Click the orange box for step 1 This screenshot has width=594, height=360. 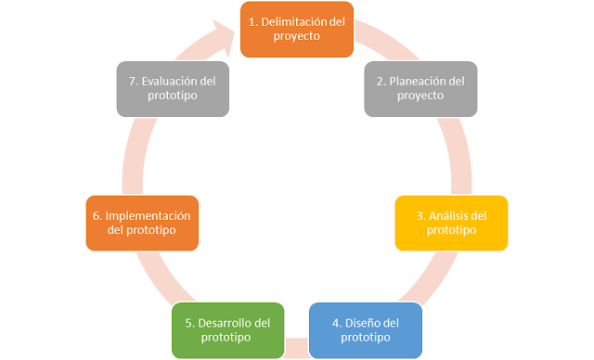297,29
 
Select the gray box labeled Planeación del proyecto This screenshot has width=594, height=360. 420,89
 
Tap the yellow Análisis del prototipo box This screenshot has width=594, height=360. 451,223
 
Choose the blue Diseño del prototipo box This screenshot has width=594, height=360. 365,330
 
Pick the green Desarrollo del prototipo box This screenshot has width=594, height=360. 227,330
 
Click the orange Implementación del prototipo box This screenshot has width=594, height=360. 142,223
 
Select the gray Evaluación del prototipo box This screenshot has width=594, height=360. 174,89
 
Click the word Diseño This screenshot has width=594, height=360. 357,323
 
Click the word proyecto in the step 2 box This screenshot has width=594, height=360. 420,96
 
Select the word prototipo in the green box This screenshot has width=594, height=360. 227,338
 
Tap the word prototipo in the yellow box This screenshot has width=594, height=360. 451,230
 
